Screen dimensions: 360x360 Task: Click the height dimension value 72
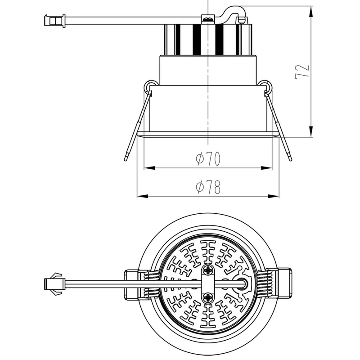pyautogui.click(x=302, y=72)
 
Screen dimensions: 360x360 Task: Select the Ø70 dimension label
pyautogui.click(x=208, y=159)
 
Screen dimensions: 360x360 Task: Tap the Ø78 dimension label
pyautogui.click(x=208, y=187)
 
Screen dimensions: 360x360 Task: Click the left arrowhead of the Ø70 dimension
pyautogui.click(x=149, y=168)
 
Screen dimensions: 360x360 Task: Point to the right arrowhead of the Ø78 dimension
pyautogui.click(x=274, y=196)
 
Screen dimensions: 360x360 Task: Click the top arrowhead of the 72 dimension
pyautogui.click(x=311, y=12)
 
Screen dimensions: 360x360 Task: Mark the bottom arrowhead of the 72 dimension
pyautogui.click(x=311, y=131)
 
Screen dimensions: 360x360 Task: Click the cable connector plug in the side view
pyautogui.click(x=54, y=21)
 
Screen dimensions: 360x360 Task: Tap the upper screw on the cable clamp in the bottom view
pyautogui.click(x=208, y=270)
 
